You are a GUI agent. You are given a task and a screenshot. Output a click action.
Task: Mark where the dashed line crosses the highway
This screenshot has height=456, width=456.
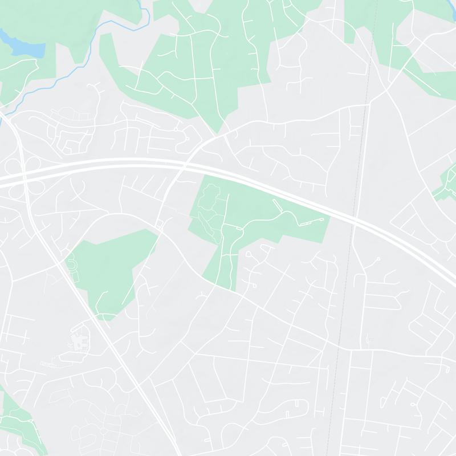coord(355,218)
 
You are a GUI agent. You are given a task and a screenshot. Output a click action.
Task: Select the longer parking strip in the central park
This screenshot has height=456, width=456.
coord(313,221)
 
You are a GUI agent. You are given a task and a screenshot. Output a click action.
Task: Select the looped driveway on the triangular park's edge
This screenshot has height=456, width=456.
coord(73,266)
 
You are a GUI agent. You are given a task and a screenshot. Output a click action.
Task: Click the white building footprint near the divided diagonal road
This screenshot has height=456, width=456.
coord(80,341)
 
